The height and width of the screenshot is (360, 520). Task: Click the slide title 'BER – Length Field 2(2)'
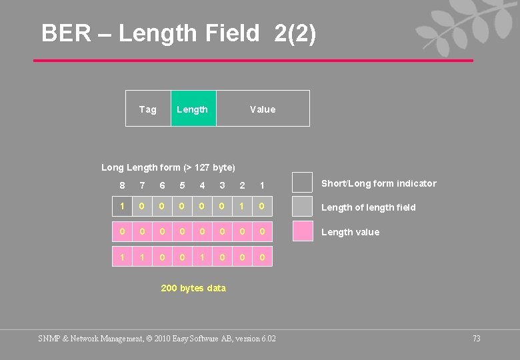click(179, 33)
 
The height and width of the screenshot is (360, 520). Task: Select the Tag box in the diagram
click(148, 109)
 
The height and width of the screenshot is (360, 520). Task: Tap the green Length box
click(193, 109)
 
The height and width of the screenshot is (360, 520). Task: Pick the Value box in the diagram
click(263, 109)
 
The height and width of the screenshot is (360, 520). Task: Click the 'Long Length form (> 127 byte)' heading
click(168, 167)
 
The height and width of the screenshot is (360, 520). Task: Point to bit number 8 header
click(122, 185)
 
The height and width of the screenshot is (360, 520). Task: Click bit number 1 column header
click(262, 185)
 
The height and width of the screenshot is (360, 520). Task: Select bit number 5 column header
click(182, 185)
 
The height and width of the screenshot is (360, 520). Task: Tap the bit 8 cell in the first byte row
click(122, 207)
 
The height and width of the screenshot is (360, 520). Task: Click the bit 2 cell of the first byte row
click(242, 207)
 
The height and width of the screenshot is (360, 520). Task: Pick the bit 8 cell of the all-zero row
click(122, 231)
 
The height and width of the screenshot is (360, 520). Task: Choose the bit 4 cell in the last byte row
click(202, 256)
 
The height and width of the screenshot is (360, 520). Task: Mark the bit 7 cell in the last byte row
click(142, 256)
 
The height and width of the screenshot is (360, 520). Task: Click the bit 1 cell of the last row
click(262, 256)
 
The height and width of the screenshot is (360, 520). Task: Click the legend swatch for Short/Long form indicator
click(303, 182)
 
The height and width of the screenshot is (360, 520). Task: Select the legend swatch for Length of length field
click(303, 206)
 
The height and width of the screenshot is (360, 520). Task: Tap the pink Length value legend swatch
click(303, 231)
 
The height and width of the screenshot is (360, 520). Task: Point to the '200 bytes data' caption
click(193, 288)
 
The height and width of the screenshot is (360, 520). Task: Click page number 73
click(476, 339)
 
